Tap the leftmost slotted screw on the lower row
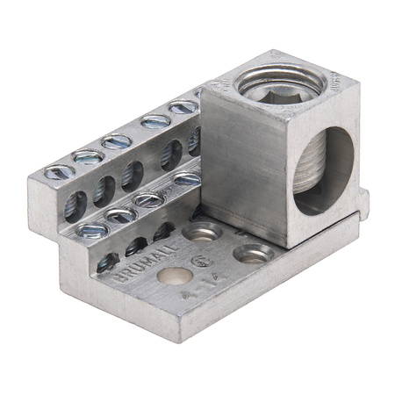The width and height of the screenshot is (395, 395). pyautogui.click(x=90, y=230)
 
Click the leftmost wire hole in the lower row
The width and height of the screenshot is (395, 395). pyautogui.click(x=107, y=261)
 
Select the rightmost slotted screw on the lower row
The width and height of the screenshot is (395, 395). pyautogui.click(x=187, y=178)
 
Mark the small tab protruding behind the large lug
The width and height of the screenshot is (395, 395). pyautogui.click(x=363, y=204)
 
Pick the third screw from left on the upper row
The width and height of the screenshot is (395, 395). pyautogui.click(x=116, y=140)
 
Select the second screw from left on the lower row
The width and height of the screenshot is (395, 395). pyautogui.click(x=121, y=214)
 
